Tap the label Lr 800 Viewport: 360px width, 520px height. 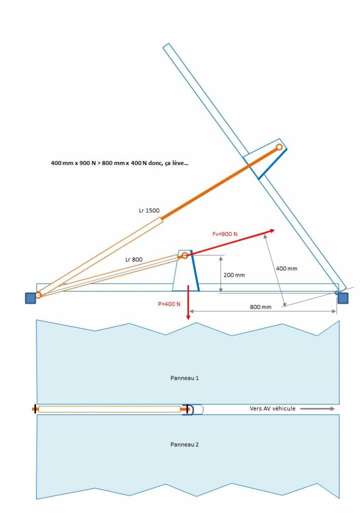[134, 259]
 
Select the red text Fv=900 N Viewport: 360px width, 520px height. [224, 234]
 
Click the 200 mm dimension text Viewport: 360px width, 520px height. [234, 275]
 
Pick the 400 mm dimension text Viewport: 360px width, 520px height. [286, 268]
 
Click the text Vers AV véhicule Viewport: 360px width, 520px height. [272, 408]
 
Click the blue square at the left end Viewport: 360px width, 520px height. [30, 298]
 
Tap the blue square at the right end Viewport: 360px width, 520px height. [343, 298]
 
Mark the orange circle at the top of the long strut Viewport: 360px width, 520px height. [279, 147]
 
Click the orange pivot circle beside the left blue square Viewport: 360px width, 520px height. [38, 295]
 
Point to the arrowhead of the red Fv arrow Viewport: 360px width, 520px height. [272, 231]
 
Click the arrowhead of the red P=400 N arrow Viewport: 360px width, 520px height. [188, 317]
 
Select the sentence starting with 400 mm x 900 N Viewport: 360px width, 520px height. [119, 163]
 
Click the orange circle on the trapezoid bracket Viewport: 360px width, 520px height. [185, 255]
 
